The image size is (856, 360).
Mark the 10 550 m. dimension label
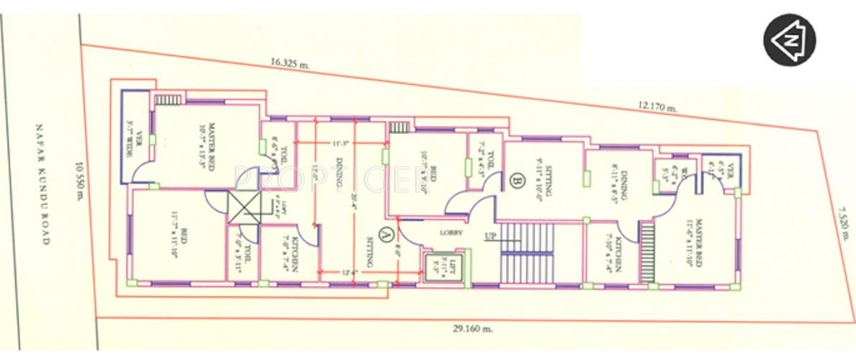pyautogui.click(x=80, y=184)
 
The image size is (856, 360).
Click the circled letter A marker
pyautogui.click(x=386, y=233)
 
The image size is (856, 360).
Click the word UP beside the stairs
pyautogui.click(x=490, y=235)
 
